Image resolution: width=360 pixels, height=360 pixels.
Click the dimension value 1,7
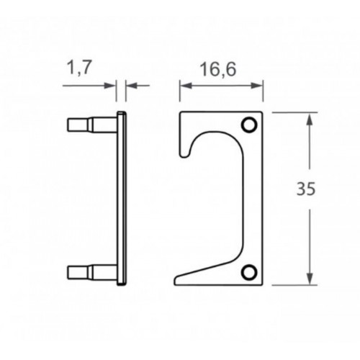click(80, 68)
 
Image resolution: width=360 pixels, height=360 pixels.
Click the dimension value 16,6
click(218, 69)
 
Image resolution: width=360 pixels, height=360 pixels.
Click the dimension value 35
click(305, 189)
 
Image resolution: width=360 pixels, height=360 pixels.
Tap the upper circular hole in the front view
click(249, 125)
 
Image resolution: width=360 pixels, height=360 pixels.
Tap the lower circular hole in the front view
click(249, 272)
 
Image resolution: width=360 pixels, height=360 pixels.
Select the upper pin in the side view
click(93, 125)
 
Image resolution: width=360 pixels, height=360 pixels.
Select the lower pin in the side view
click(93, 272)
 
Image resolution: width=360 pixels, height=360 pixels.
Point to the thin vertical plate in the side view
click(122, 199)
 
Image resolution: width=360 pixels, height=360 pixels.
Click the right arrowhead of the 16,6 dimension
click(256, 86)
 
